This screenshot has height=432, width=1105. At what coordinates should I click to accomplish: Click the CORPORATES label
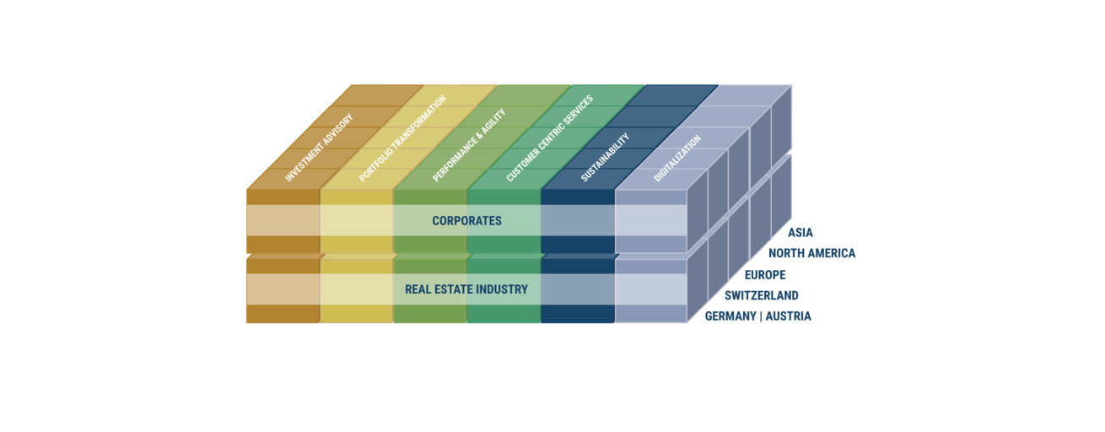pos(466,221)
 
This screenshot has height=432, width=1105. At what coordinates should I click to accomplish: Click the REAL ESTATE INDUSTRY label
pos(466,289)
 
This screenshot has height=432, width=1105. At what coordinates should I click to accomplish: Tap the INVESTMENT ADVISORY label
pos(319,148)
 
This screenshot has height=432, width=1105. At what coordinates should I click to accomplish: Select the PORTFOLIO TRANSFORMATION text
pos(402,138)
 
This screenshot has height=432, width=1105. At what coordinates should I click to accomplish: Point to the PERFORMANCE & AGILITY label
pos(469,145)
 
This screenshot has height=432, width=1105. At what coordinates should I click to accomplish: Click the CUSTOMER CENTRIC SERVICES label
pos(549,138)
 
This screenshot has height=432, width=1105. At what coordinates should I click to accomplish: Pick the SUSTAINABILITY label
pos(606,157)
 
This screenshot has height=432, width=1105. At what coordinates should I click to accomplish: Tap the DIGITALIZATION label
pos(677,158)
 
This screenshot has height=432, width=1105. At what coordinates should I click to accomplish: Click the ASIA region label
pos(800,233)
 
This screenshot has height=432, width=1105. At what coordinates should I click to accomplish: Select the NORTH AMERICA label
pos(812,253)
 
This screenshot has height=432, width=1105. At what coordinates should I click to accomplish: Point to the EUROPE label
pos(765,275)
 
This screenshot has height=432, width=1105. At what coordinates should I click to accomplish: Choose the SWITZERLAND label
pos(761,296)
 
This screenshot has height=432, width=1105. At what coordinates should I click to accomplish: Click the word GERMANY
pos(730,316)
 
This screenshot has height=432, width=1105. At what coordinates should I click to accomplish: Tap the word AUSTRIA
pos(789,316)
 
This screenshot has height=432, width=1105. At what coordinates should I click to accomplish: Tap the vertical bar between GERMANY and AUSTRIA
pos(761,316)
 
